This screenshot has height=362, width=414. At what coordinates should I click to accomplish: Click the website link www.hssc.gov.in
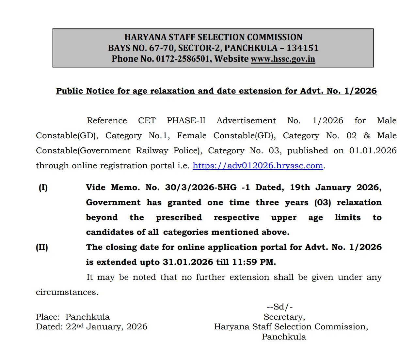283,59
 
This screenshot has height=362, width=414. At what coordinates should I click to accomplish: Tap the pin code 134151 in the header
302,48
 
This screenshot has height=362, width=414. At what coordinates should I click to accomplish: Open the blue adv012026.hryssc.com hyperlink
258,166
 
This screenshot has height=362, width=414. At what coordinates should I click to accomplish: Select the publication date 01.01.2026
373,151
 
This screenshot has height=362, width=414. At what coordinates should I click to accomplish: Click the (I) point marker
43,188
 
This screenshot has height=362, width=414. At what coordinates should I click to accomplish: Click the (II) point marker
42,247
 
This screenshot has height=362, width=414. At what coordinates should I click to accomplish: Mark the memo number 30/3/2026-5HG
200,188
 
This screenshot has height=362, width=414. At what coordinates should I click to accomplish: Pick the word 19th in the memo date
300,188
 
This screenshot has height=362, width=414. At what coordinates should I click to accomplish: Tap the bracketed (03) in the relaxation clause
323,203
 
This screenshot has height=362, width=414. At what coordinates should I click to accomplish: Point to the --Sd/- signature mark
279,307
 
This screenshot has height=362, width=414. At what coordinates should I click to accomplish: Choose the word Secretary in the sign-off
284,317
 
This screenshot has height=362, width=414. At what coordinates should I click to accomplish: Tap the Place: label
48,317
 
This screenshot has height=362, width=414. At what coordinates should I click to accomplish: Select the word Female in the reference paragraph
192,136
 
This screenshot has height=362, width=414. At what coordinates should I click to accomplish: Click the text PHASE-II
186,121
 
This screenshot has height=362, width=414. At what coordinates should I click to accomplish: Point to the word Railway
152,151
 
